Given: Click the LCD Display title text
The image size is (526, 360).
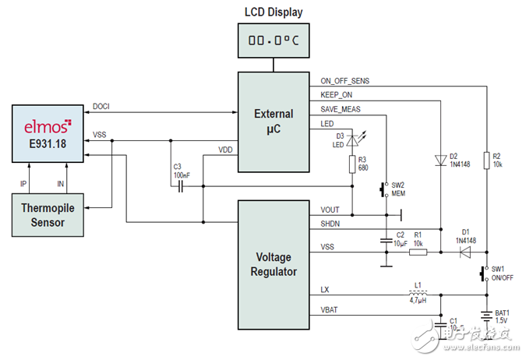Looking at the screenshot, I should [x=274, y=12].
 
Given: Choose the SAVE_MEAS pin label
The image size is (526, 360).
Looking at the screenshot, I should [x=341, y=109].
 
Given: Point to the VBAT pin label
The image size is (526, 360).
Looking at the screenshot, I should [x=331, y=309].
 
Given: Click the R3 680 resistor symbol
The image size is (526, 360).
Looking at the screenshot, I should [x=352, y=164].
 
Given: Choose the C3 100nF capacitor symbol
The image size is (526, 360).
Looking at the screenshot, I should [x=181, y=187].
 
